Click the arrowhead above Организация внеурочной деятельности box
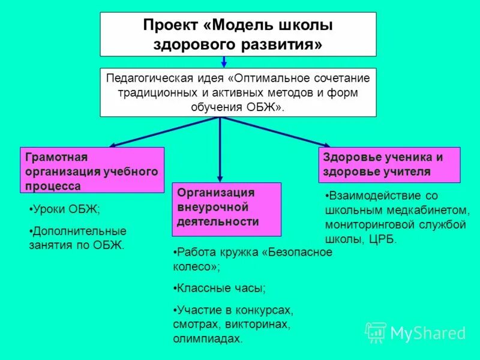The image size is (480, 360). pyautogui.click(x=220, y=178)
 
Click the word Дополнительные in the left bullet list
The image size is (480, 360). pyautogui.click(x=79, y=230)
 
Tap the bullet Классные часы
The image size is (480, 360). pyautogui.click(x=220, y=288)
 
